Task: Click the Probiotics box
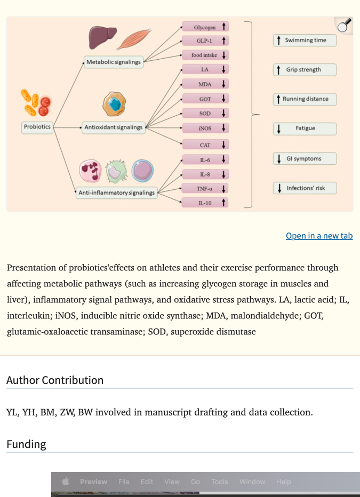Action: (37, 127)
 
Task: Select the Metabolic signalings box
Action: (114, 62)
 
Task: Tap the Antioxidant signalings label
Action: (114, 127)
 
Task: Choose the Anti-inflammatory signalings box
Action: (117, 193)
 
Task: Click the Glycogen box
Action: (205, 26)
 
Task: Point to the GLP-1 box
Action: (205, 41)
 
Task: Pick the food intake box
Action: (205, 55)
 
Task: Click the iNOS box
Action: (205, 128)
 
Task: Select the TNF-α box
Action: (205, 188)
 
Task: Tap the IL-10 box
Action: (205, 203)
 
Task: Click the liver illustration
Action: (102, 37)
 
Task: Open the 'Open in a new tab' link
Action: (319, 236)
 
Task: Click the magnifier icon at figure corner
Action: (344, 25)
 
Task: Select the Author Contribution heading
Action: (55, 380)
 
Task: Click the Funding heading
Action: (26, 444)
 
